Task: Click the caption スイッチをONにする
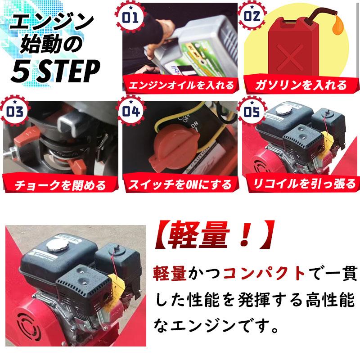pos(180,184)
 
